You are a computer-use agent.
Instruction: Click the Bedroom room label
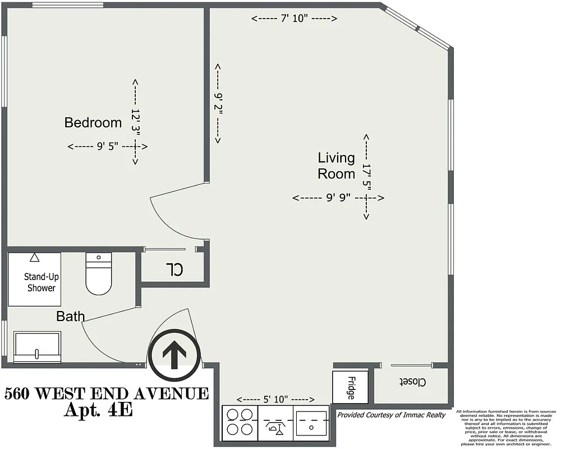(93, 122)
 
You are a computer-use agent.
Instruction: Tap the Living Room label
(337, 166)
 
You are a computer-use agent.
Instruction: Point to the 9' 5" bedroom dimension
(107, 146)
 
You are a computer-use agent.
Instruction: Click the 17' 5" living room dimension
(366, 176)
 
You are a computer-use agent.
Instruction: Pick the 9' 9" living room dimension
(338, 198)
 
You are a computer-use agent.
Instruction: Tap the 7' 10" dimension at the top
(294, 19)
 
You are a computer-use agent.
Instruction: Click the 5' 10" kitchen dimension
(275, 399)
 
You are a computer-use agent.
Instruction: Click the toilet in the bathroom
(99, 273)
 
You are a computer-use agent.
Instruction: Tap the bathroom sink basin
(37, 347)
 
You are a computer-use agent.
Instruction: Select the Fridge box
(350, 387)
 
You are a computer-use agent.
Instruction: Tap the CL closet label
(174, 269)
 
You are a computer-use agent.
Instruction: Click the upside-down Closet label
(412, 382)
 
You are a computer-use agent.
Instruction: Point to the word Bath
(70, 317)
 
